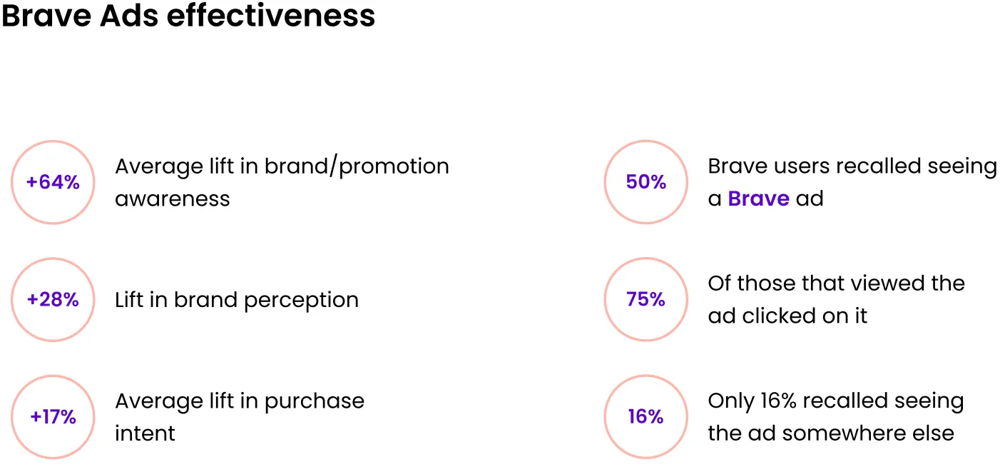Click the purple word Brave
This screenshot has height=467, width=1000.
point(758,199)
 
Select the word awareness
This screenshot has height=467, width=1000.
point(173,199)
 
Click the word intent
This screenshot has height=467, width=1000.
point(145,433)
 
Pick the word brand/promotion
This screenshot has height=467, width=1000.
point(357,166)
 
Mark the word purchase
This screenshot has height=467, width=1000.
point(315,401)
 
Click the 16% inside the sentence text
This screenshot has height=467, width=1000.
point(779,401)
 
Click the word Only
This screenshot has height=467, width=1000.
point(731,401)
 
